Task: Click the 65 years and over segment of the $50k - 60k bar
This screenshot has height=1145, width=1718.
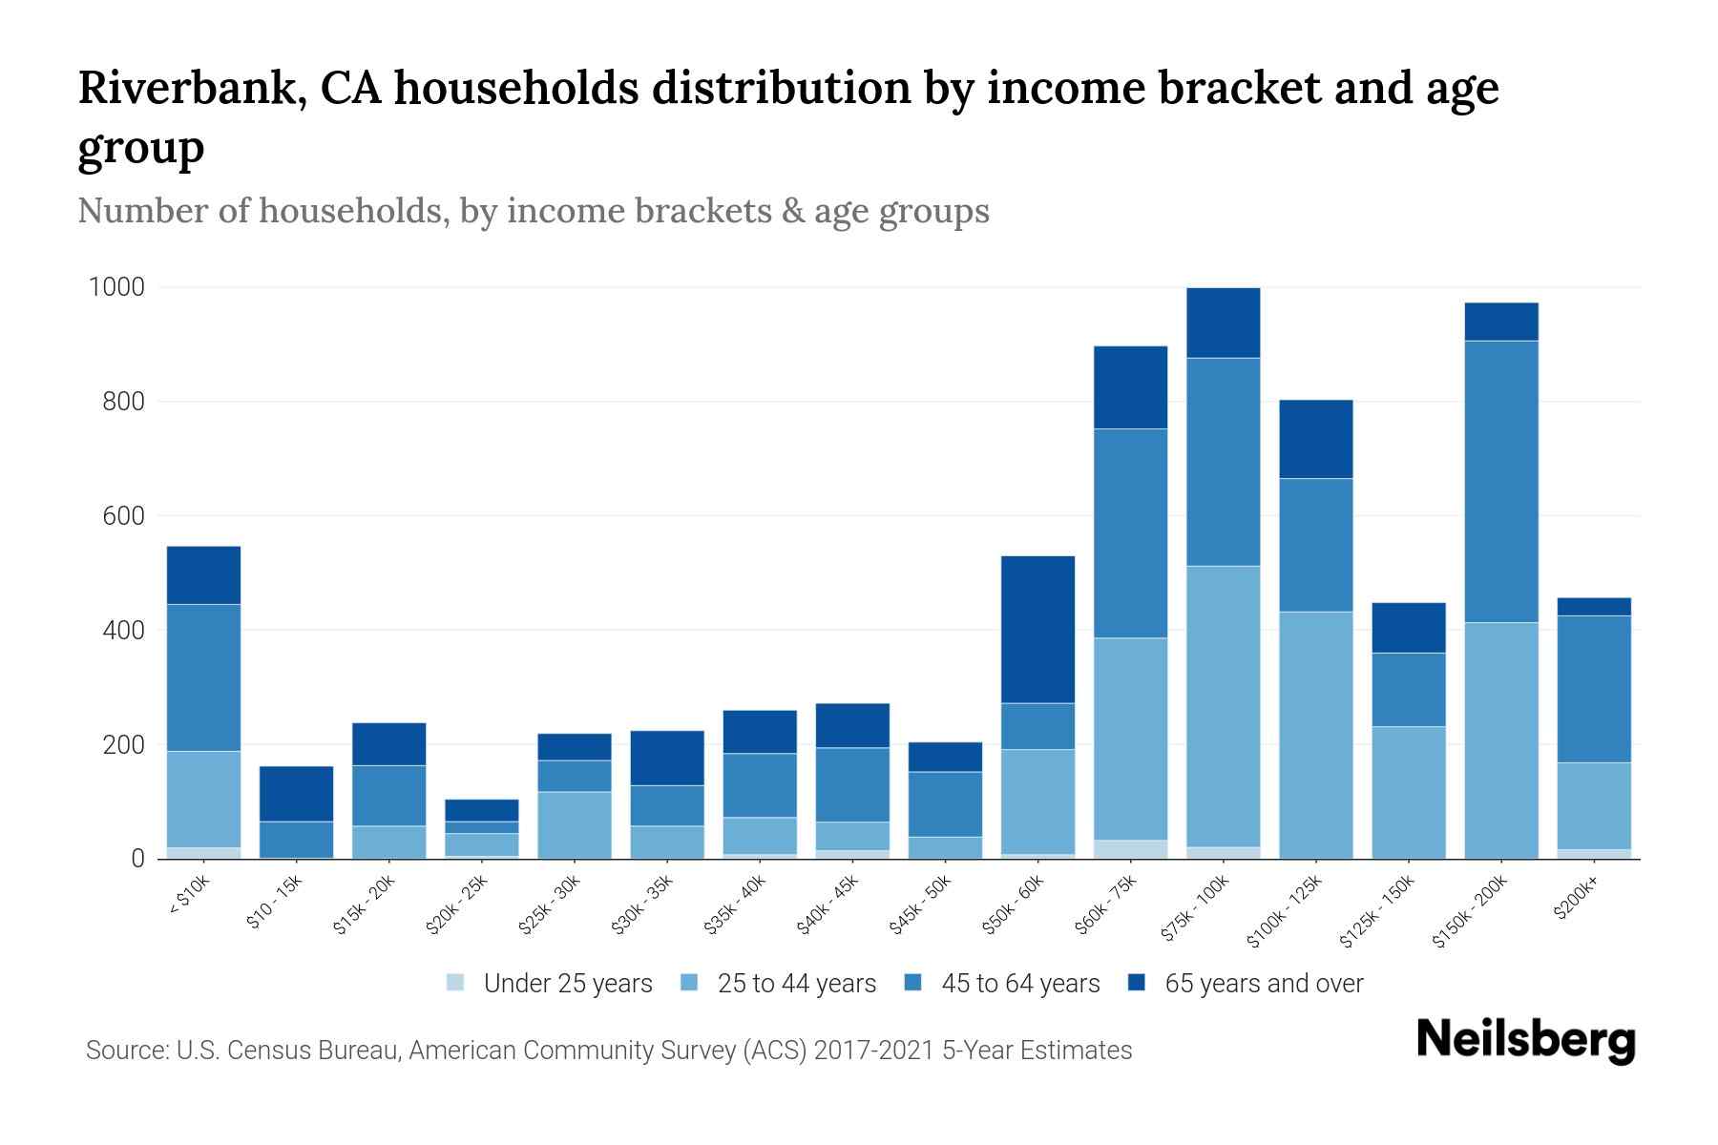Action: click(1037, 629)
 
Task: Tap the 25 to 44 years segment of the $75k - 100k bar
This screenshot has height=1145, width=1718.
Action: click(1223, 706)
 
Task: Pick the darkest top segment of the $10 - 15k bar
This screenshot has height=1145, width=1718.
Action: click(296, 793)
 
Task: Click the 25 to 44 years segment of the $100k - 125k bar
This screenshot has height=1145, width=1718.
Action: click(1315, 735)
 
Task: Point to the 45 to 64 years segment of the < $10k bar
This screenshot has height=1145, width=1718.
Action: click(203, 677)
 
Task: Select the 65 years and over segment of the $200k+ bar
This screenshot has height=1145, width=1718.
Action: click(1594, 606)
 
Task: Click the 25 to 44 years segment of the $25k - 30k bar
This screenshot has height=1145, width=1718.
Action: click(575, 824)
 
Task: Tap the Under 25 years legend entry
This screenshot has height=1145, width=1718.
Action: click(550, 984)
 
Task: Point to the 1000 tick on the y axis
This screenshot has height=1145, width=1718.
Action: click(116, 287)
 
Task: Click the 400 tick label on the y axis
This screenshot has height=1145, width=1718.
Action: click(125, 631)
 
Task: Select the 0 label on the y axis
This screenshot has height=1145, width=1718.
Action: click(138, 859)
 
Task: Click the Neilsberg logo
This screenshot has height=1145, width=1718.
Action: click(1525, 1040)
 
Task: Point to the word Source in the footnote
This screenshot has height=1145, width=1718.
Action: click(126, 1051)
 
